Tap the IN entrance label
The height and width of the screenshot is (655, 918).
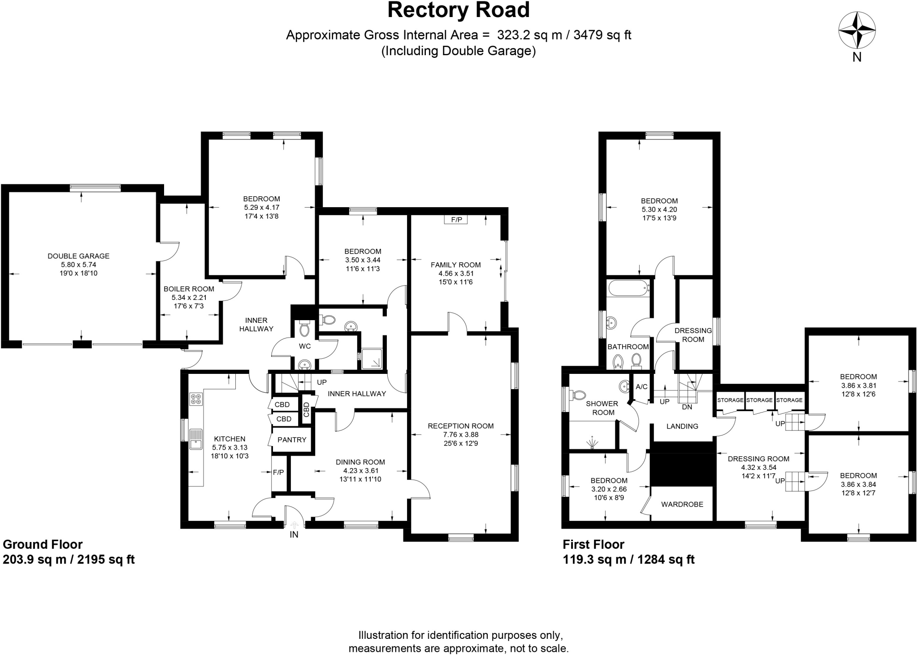click(x=294, y=534)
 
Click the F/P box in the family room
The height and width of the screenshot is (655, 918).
click(x=456, y=220)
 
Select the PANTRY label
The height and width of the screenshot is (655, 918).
click(x=292, y=440)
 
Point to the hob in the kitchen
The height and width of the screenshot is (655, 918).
click(x=196, y=399)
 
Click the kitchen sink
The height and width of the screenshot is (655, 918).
click(x=196, y=438)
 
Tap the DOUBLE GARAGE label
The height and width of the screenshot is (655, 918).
click(x=78, y=256)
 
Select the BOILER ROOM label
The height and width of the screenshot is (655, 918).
click(x=189, y=289)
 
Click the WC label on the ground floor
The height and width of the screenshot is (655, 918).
click(x=305, y=346)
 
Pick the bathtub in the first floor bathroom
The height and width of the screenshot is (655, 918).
click(x=628, y=288)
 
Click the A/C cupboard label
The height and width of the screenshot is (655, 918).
click(x=641, y=387)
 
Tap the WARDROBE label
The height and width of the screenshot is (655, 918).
click(x=682, y=504)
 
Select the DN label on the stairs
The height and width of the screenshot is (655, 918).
click(x=687, y=407)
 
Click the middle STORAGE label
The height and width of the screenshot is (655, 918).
click(x=759, y=400)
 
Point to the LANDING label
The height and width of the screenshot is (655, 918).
click(x=682, y=426)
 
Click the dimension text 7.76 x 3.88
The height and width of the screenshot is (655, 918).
click(x=461, y=434)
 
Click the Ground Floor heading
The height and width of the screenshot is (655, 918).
click(x=43, y=544)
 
